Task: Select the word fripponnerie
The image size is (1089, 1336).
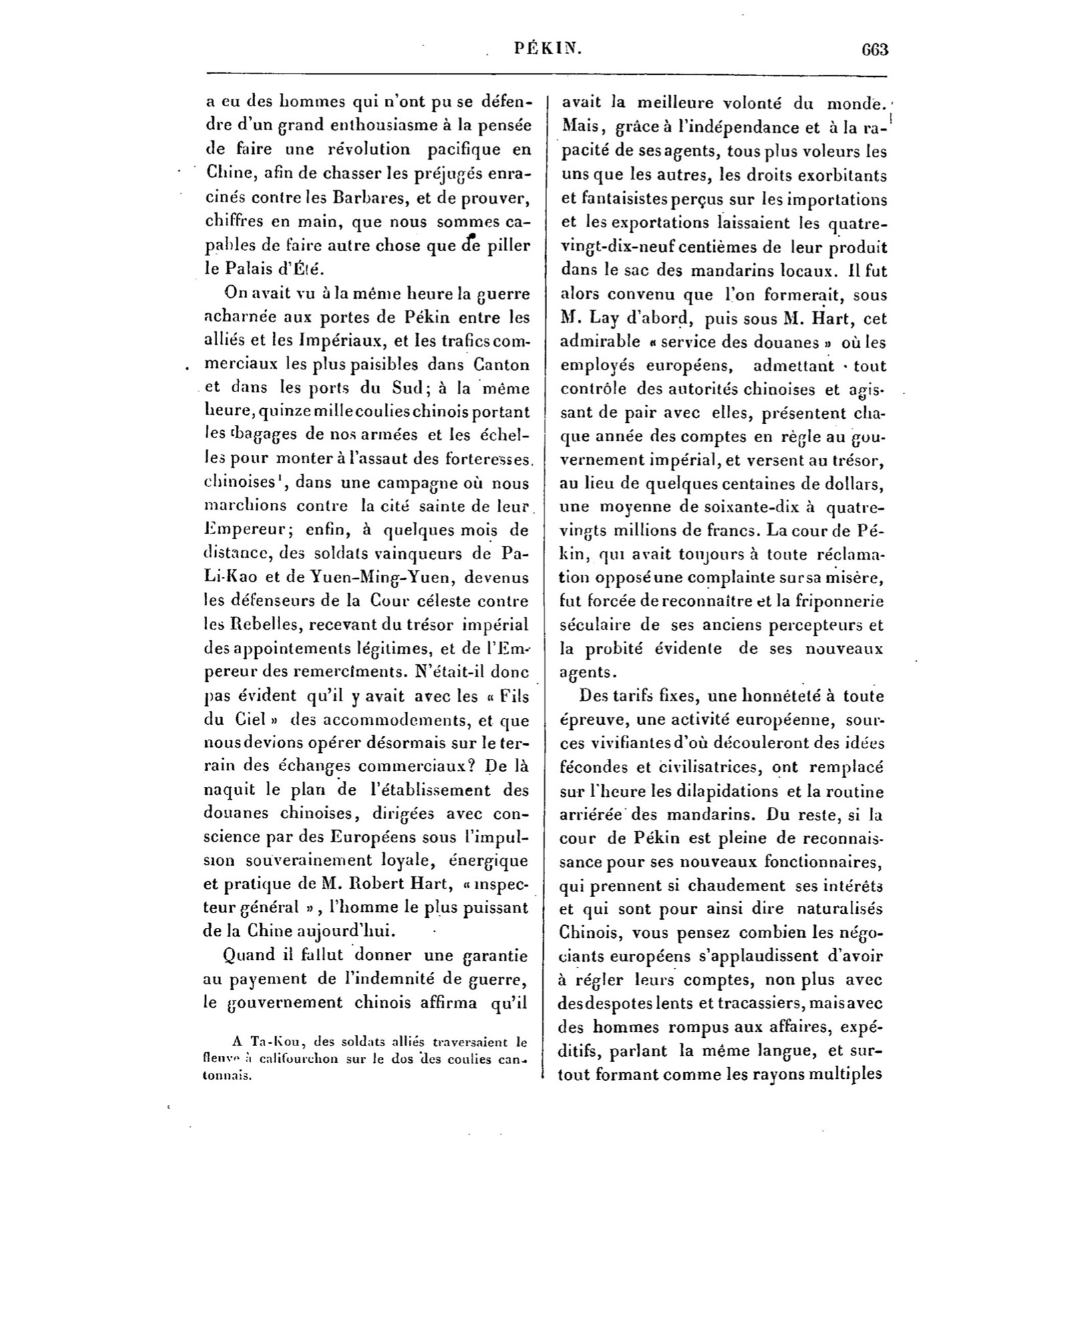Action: tap(838, 602)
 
